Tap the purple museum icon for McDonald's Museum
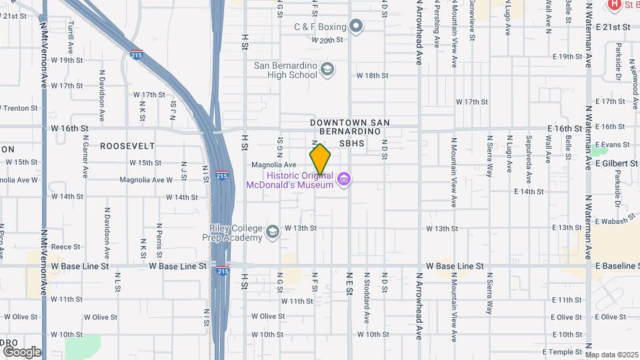[x=344, y=179]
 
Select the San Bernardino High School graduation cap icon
[x=327, y=69]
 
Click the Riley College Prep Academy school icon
[x=272, y=232]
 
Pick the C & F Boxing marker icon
[x=357, y=27]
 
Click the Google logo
[x=21, y=351]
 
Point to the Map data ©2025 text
[x=611, y=355]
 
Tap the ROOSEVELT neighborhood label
[x=127, y=145]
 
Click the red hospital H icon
[x=615, y=5]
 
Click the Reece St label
[x=65, y=247]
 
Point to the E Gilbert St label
[x=615, y=163]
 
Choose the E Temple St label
[x=563, y=351]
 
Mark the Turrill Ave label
[x=70, y=41]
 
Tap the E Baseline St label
[x=617, y=266]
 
